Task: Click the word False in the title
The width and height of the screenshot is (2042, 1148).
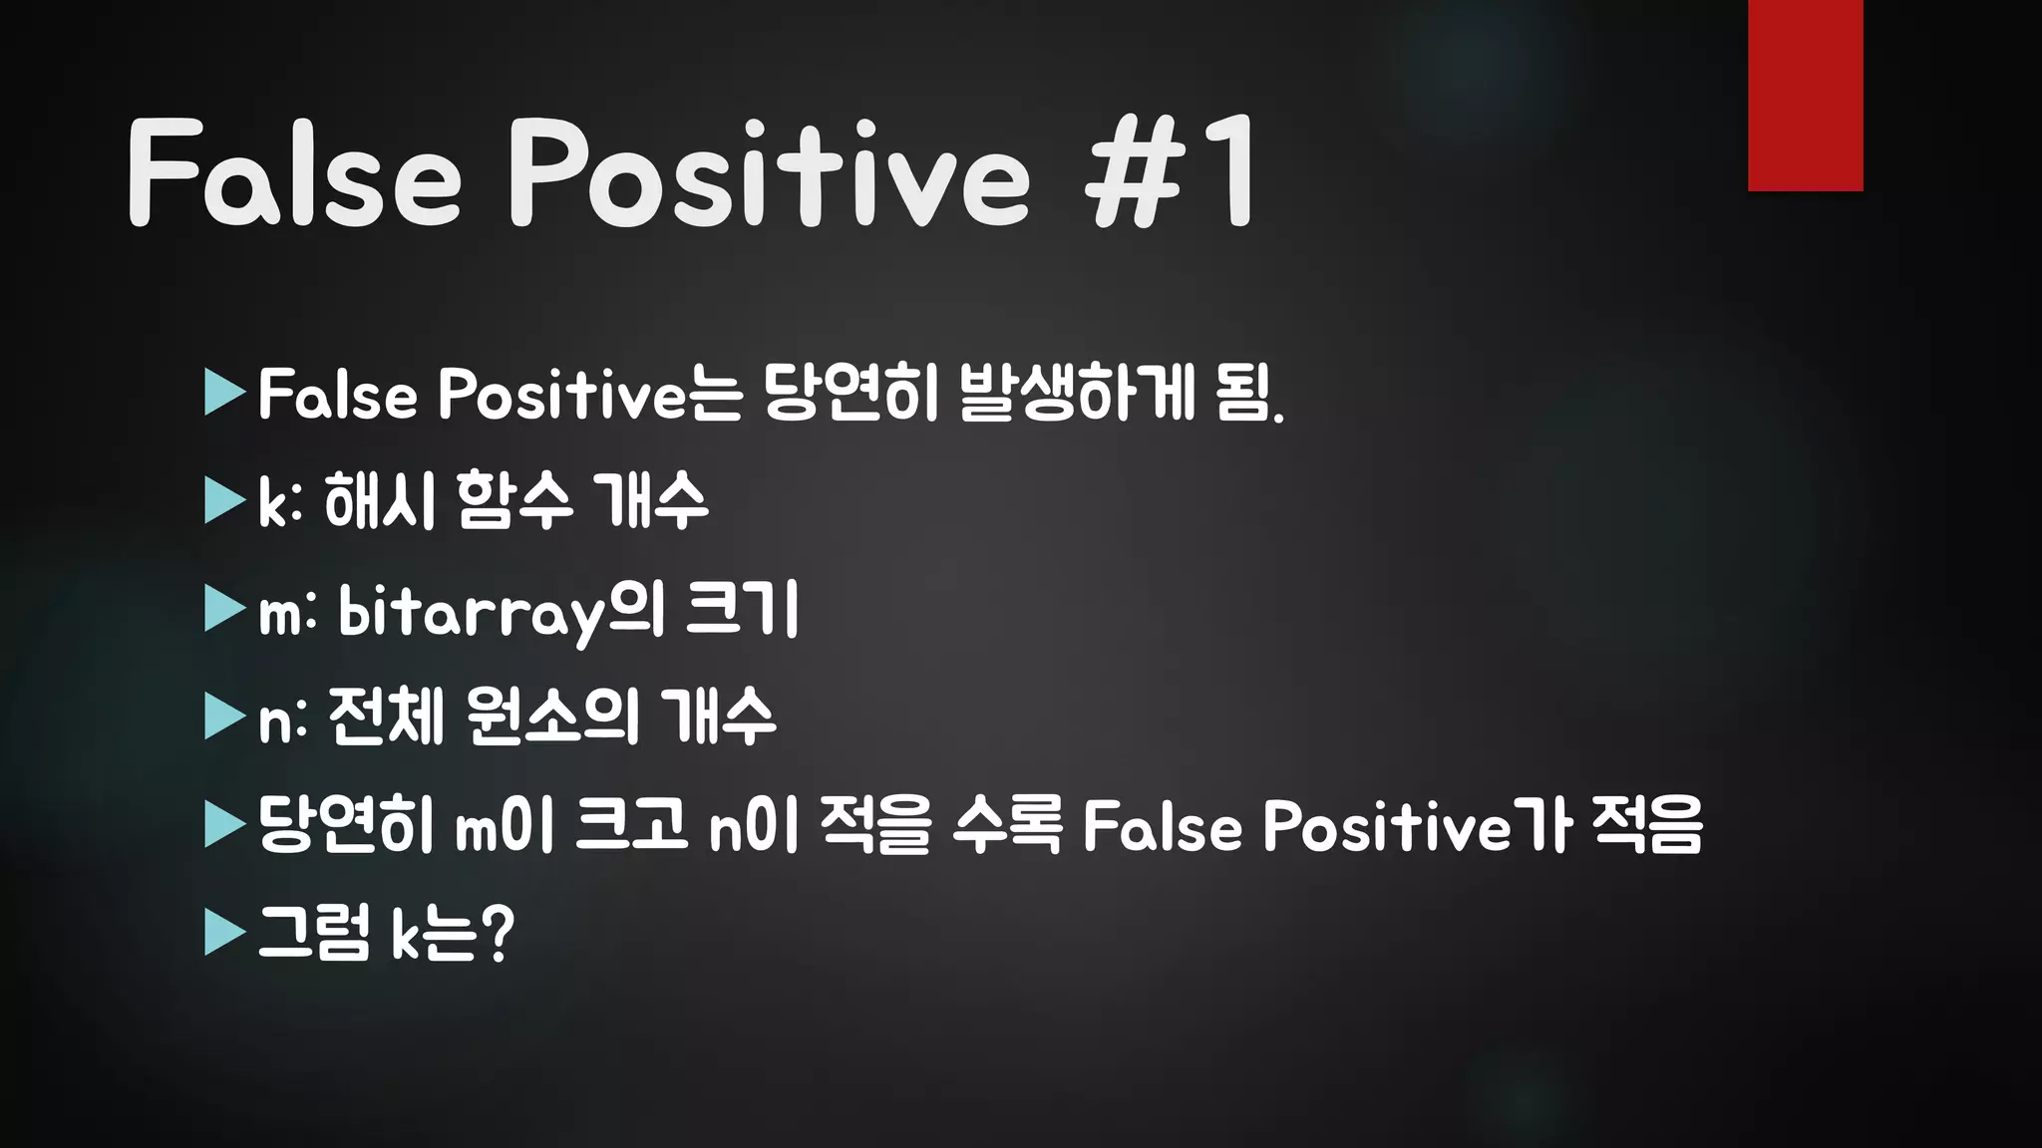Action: (x=295, y=174)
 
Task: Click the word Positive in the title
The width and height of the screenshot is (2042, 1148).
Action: (x=769, y=174)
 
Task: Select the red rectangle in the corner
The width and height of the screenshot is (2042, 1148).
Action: (x=1805, y=95)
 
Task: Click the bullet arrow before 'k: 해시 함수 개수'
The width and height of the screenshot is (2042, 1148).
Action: (x=224, y=500)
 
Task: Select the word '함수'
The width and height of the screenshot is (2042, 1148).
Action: (x=514, y=500)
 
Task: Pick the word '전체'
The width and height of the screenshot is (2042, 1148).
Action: (x=385, y=717)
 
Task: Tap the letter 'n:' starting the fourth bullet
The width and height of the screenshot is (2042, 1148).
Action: (x=283, y=719)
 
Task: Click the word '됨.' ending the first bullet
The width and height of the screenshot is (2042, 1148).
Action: (x=1250, y=394)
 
